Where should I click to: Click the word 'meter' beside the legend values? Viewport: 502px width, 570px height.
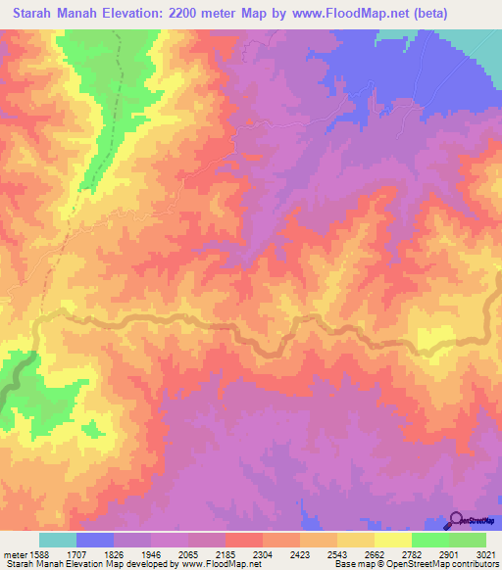pyautogui.click(x=12, y=553)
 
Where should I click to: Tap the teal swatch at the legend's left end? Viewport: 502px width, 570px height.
pyautogui.click(x=58, y=540)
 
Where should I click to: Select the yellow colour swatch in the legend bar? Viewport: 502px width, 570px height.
pyautogui.click(x=393, y=540)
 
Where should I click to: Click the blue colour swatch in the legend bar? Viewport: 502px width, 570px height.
pyautogui.click(x=95, y=540)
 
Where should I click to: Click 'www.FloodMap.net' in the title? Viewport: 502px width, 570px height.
pyautogui.click(x=350, y=14)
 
